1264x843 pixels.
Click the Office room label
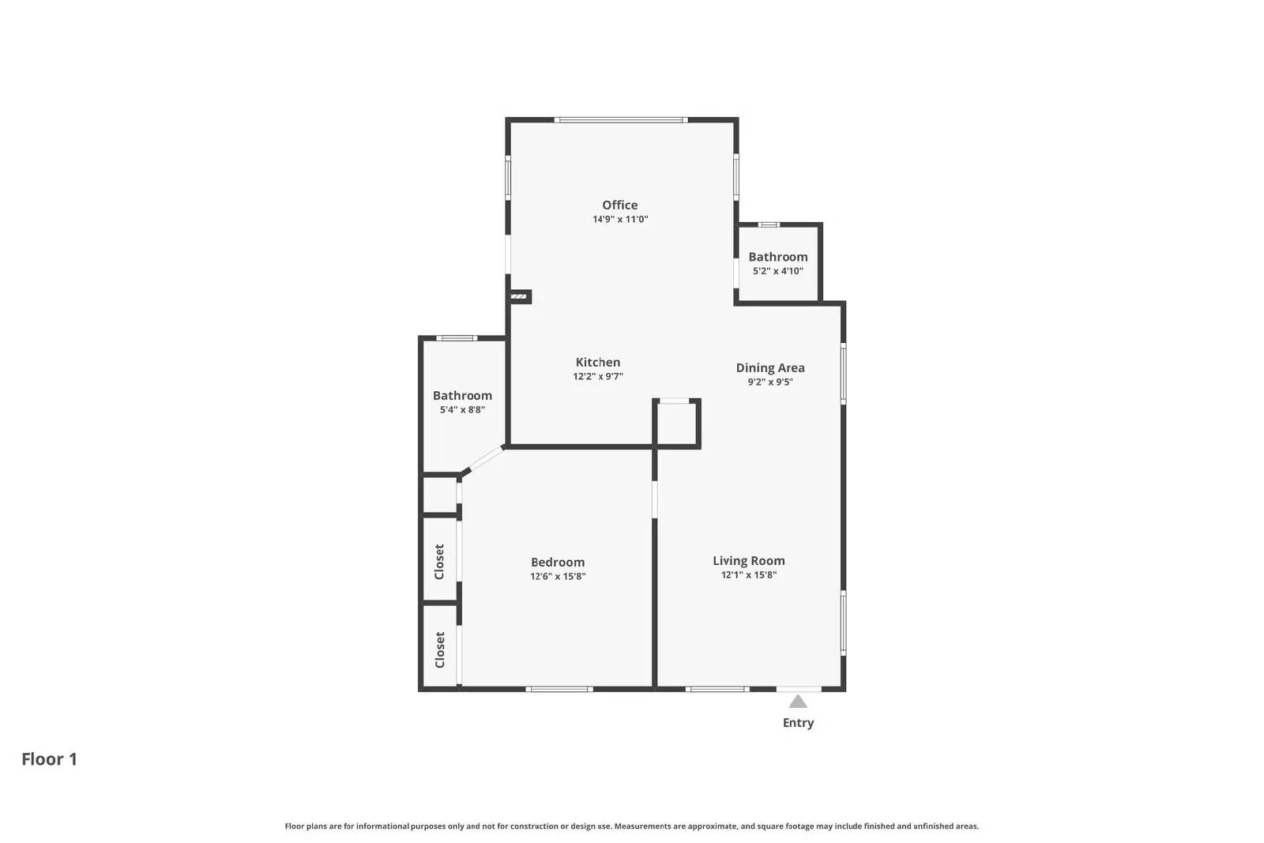pyautogui.click(x=619, y=205)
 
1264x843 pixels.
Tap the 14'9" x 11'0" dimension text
pyautogui.click(x=620, y=220)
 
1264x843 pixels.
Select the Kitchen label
pyautogui.click(x=597, y=362)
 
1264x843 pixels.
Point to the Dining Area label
pyautogui.click(x=769, y=367)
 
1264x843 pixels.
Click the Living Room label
pyautogui.click(x=748, y=560)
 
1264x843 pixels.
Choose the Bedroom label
pyautogui.click(x=557, y=562)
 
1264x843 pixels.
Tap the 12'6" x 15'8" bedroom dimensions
pyautogui.click(x=557, y=577)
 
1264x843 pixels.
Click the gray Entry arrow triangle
pyautogui.click(x=798, y=702)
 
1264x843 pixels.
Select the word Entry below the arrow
pyautogui.click(x=798, y=723)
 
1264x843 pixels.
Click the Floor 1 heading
pyautogui.click(x=49, y=759)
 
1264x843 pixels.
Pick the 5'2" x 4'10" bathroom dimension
pyautogui.click(x=777, y=271)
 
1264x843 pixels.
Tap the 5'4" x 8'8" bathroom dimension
pyautogui.click(x=462, y=410)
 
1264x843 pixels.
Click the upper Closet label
pyautogui.click(x=439, y=561)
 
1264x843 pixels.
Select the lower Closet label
pyautogui.click(x=439, y=649)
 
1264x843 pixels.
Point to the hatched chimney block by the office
pyautogui.click(x=519, y=296)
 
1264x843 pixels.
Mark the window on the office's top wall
pyautogui.click(x=620, y=120)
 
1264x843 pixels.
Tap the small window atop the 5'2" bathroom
pyautogui.click(x=769, y=225)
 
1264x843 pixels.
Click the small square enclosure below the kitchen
pyautogui.click(x=676, y=424)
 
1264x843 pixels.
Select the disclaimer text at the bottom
pyautogui.click(x=631, y=826)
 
